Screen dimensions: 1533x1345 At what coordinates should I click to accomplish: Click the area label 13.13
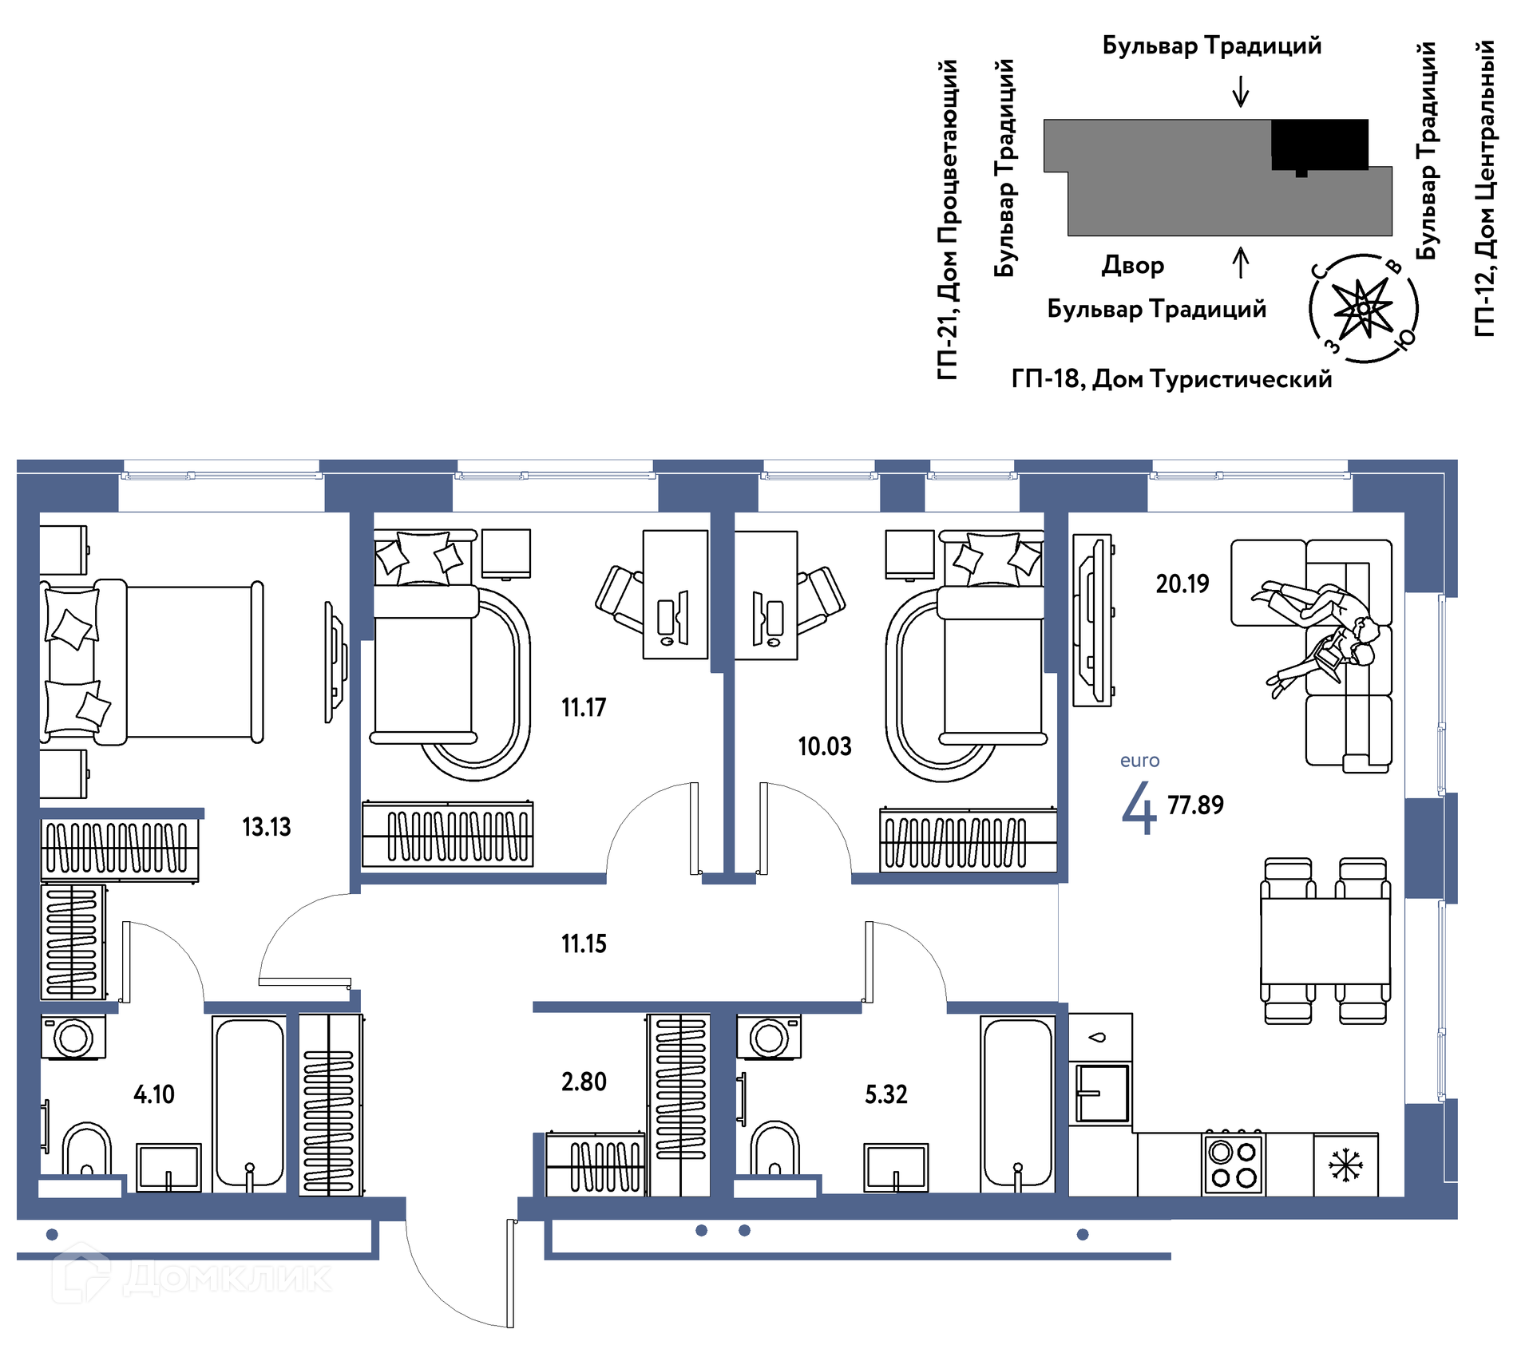pyautogui.click(x=266, y=827)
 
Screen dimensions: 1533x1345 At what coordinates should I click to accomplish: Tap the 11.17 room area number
pyautogui.click(x=584, y=707)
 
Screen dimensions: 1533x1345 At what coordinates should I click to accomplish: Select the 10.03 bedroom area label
pyautogui.click(x=825, y=746)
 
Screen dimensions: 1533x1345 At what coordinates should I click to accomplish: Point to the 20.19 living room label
pyautogui.click(x=1182, y=583)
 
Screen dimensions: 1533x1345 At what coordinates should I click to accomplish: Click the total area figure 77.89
pyautogui.click(x=1195, y=805)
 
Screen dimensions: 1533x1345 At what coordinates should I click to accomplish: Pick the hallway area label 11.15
pyautogui.click(x=584, y=944)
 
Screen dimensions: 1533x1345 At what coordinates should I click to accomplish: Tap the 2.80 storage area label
pyautogui.click(x=584, y=1082)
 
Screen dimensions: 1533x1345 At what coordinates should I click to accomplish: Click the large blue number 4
pyautogui.click(x=1139, y=808)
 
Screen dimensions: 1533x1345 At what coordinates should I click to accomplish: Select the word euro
pyautogui.click(x=1139, y=761)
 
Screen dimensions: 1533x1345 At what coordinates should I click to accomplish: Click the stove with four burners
pyautogui.click(x=1234, y=1164)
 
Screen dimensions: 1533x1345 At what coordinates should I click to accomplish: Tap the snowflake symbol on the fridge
pyautogui.click(x=1345, y=1165)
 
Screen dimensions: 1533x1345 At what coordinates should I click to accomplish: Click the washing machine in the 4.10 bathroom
pyautogui.click(x=73, y=1037)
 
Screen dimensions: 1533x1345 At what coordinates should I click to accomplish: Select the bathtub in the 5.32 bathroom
pyautogui.click(x=1018, y=1102)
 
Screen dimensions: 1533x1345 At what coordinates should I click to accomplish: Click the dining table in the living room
pyautogui.click(x=1325, y=941)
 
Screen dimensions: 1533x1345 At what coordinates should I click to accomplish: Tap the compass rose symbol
pyautogui.click(x=1364, y=308)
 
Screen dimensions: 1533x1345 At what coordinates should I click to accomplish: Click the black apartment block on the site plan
pyautogui.click(x=1319, y=144)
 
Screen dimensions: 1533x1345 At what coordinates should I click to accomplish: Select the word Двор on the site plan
pyautogui.click(x=1133, y=265)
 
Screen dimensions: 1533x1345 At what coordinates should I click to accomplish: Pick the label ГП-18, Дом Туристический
pyautogui.click(x=1171, y=379)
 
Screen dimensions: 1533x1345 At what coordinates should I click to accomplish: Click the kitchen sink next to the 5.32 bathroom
pyautogui.click(x=1101, y=1093)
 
